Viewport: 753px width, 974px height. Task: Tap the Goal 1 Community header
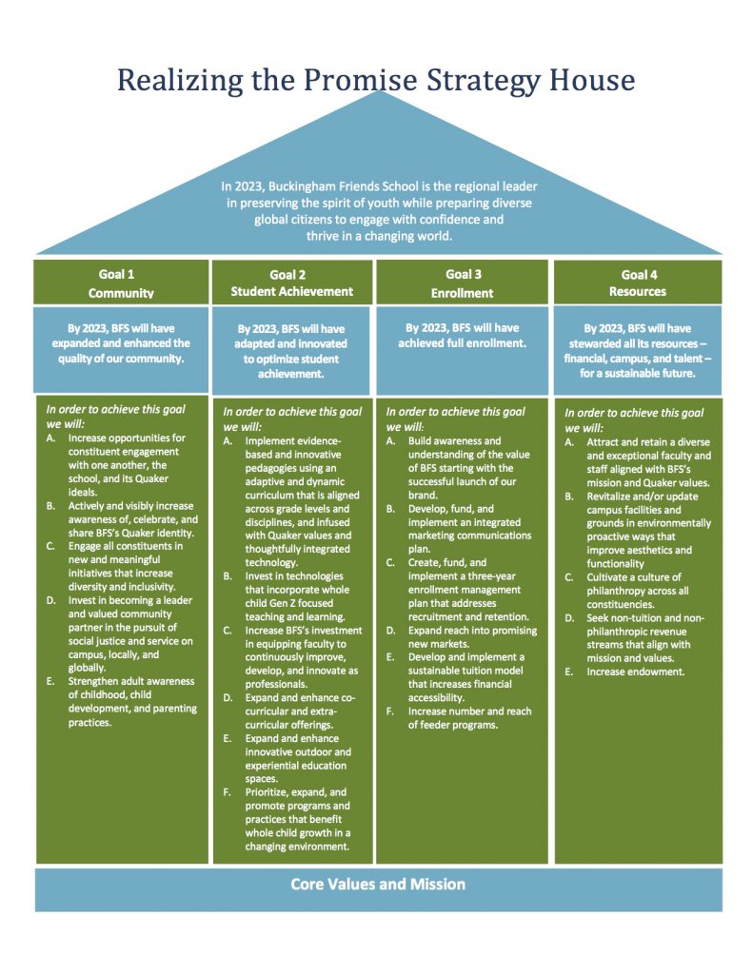pyautogui.click(x=121, y=283)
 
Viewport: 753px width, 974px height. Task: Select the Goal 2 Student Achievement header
pyautogui.click(x=291, y=283)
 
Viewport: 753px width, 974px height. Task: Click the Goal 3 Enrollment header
pyautogui.click(x=463, y=283)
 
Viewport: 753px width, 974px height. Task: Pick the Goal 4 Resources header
pyautogui.click(x=638, y=283)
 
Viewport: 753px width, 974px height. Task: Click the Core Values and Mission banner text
pyautogui.click(x=378, y=884)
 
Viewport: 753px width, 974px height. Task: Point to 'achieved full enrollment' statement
pyautogui.click(x=462, y=342)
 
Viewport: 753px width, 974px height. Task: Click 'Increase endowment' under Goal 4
pyautogui.click(x=636, y=672)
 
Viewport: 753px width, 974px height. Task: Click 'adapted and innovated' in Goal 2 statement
pyautogui.click(x=290, y=343)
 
